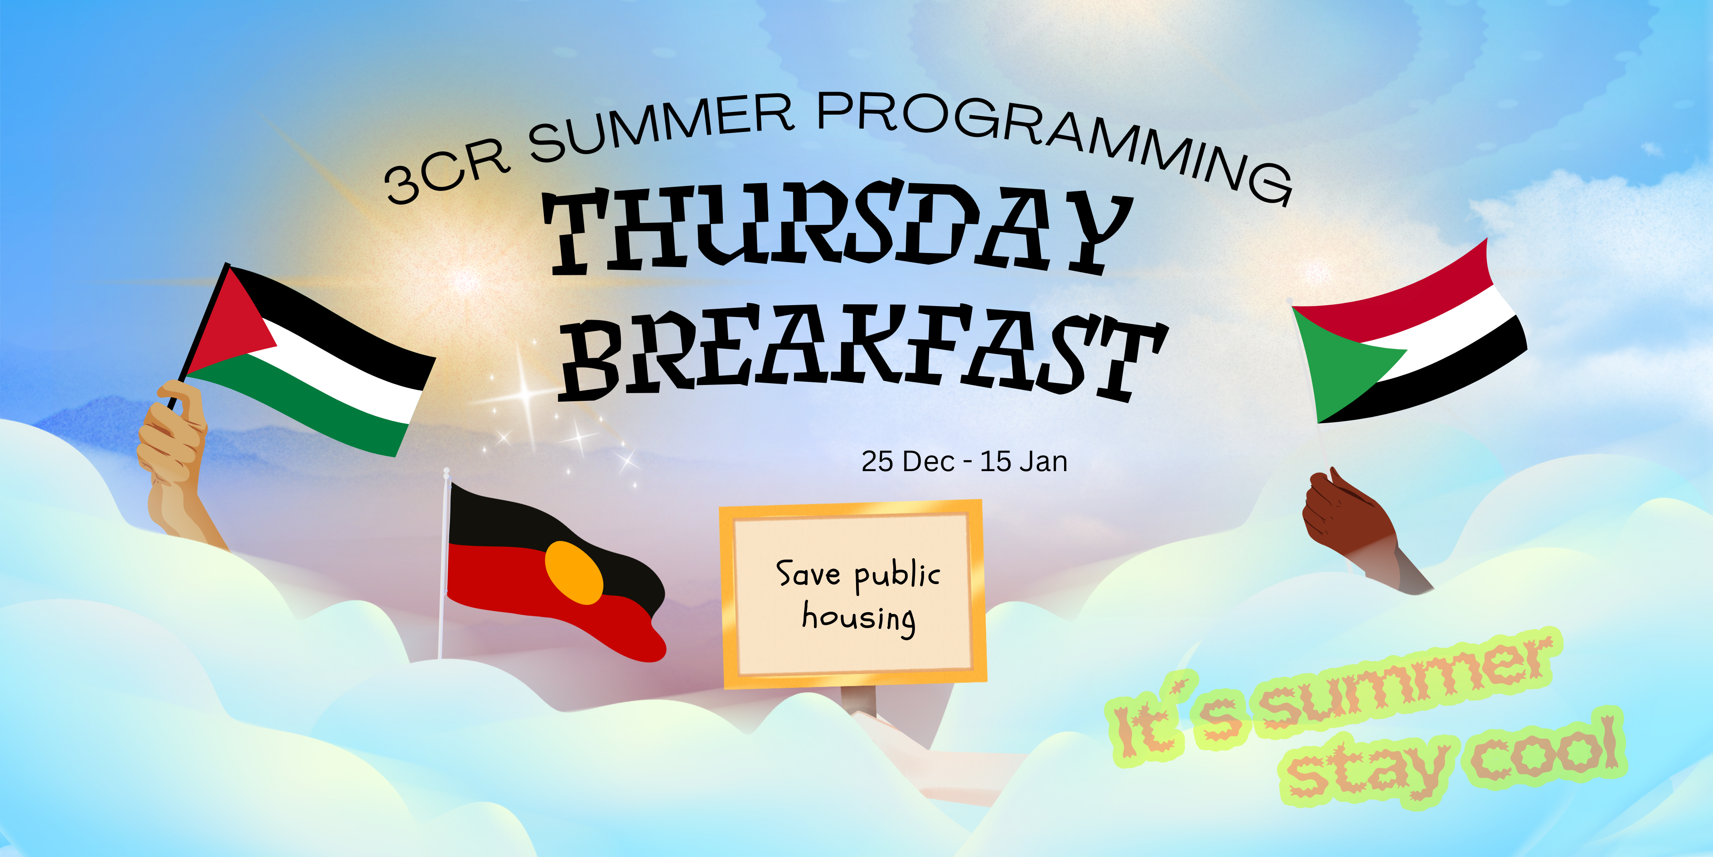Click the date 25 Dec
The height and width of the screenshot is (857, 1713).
pos(908,462)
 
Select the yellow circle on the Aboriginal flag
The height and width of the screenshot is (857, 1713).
pos(573,572)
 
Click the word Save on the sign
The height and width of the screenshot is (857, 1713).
pos(808,574)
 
